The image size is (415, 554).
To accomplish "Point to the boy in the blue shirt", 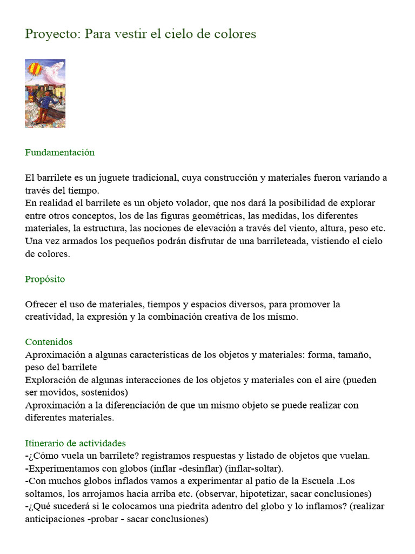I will coord(44,102).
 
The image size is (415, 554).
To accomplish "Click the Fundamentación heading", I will coord(59,153).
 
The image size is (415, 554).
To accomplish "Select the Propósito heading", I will coord(45,279).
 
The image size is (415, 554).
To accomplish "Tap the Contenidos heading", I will coord(49,342).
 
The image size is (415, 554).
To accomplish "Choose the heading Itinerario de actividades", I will coord(75,443).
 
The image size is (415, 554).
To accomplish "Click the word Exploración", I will coord(51,380).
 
